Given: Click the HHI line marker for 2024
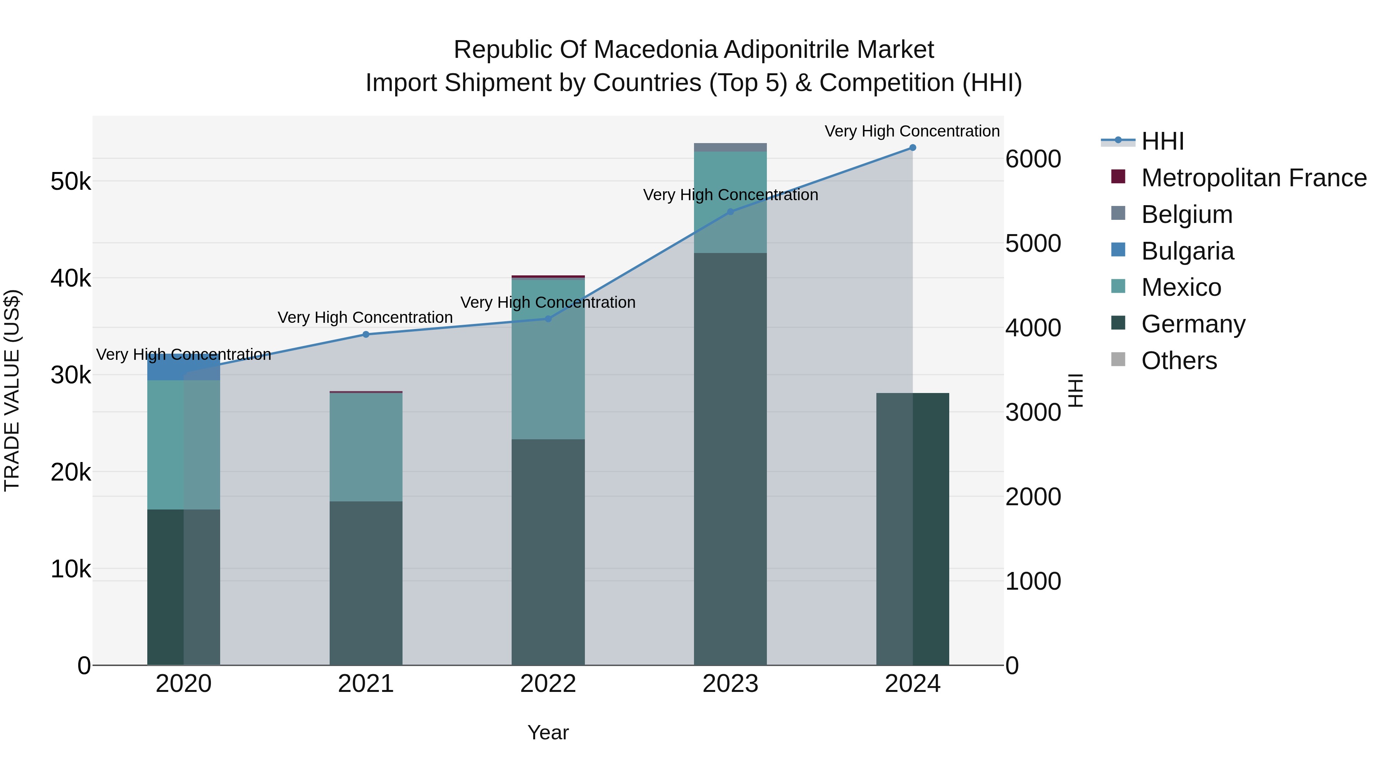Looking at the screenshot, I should pyautogui.click(x=912, y=147).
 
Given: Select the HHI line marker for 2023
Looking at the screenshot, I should pyautogui.click(x=730, y=212).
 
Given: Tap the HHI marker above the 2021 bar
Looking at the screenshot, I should pyautogui.click(x=366, y=334).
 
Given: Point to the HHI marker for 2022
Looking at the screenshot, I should pyautogui.click(x=548, y=319).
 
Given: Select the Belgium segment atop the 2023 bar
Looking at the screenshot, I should pyautogui.click(x=730, y=147).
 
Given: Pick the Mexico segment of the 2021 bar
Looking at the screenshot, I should pyautogui.click(x=366, y=447).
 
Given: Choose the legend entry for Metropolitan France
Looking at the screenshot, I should pyautogui.click(x=1253, y=178).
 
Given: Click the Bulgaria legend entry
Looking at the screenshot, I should pyautogui.click(x=1187, y=251).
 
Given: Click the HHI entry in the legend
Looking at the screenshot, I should pyautogui.click(x=1162, y=141).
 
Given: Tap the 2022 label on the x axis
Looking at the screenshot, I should pyautogui.click(x=548, y=684).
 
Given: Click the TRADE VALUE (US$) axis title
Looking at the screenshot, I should pyautogui.click(x=12, y=390).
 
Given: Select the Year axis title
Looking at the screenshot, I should pyautogui.click(x=548, y=732).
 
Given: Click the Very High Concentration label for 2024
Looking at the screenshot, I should pyautogui.click(x=912, y=131).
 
